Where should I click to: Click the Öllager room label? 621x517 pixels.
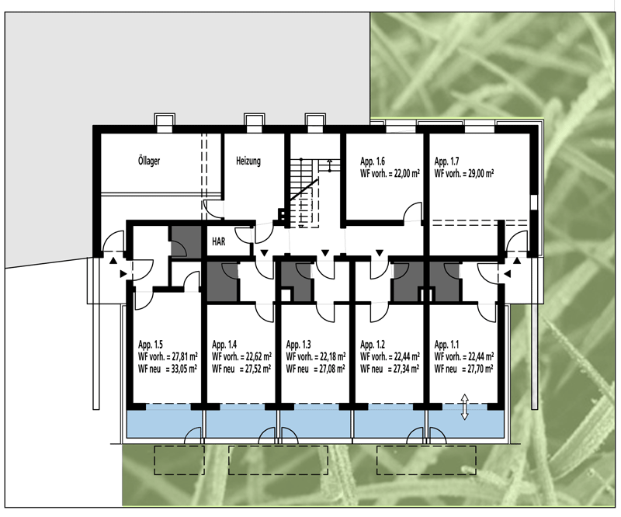(149, 161)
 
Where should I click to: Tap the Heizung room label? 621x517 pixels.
(248, 161)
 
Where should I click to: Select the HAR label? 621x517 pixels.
(219, 241)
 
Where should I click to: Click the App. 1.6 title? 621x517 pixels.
(373, 161)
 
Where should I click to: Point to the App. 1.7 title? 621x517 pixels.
(446, 161)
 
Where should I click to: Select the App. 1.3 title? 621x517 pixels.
(298, 344)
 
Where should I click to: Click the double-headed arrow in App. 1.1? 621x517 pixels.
(464, 407)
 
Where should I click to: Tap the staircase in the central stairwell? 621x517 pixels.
(304, 193)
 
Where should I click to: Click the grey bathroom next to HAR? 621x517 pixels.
(186, 242)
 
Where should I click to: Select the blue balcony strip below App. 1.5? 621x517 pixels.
(164, 421)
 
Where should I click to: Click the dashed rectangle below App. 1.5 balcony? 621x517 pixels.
(179, 460)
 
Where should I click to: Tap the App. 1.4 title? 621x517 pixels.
(224, 344)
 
